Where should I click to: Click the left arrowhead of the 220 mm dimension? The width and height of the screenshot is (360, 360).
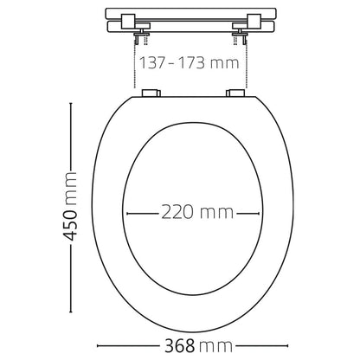(x=129, y=211)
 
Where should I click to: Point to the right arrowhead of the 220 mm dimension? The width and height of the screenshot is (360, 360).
(x=258, y=211)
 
